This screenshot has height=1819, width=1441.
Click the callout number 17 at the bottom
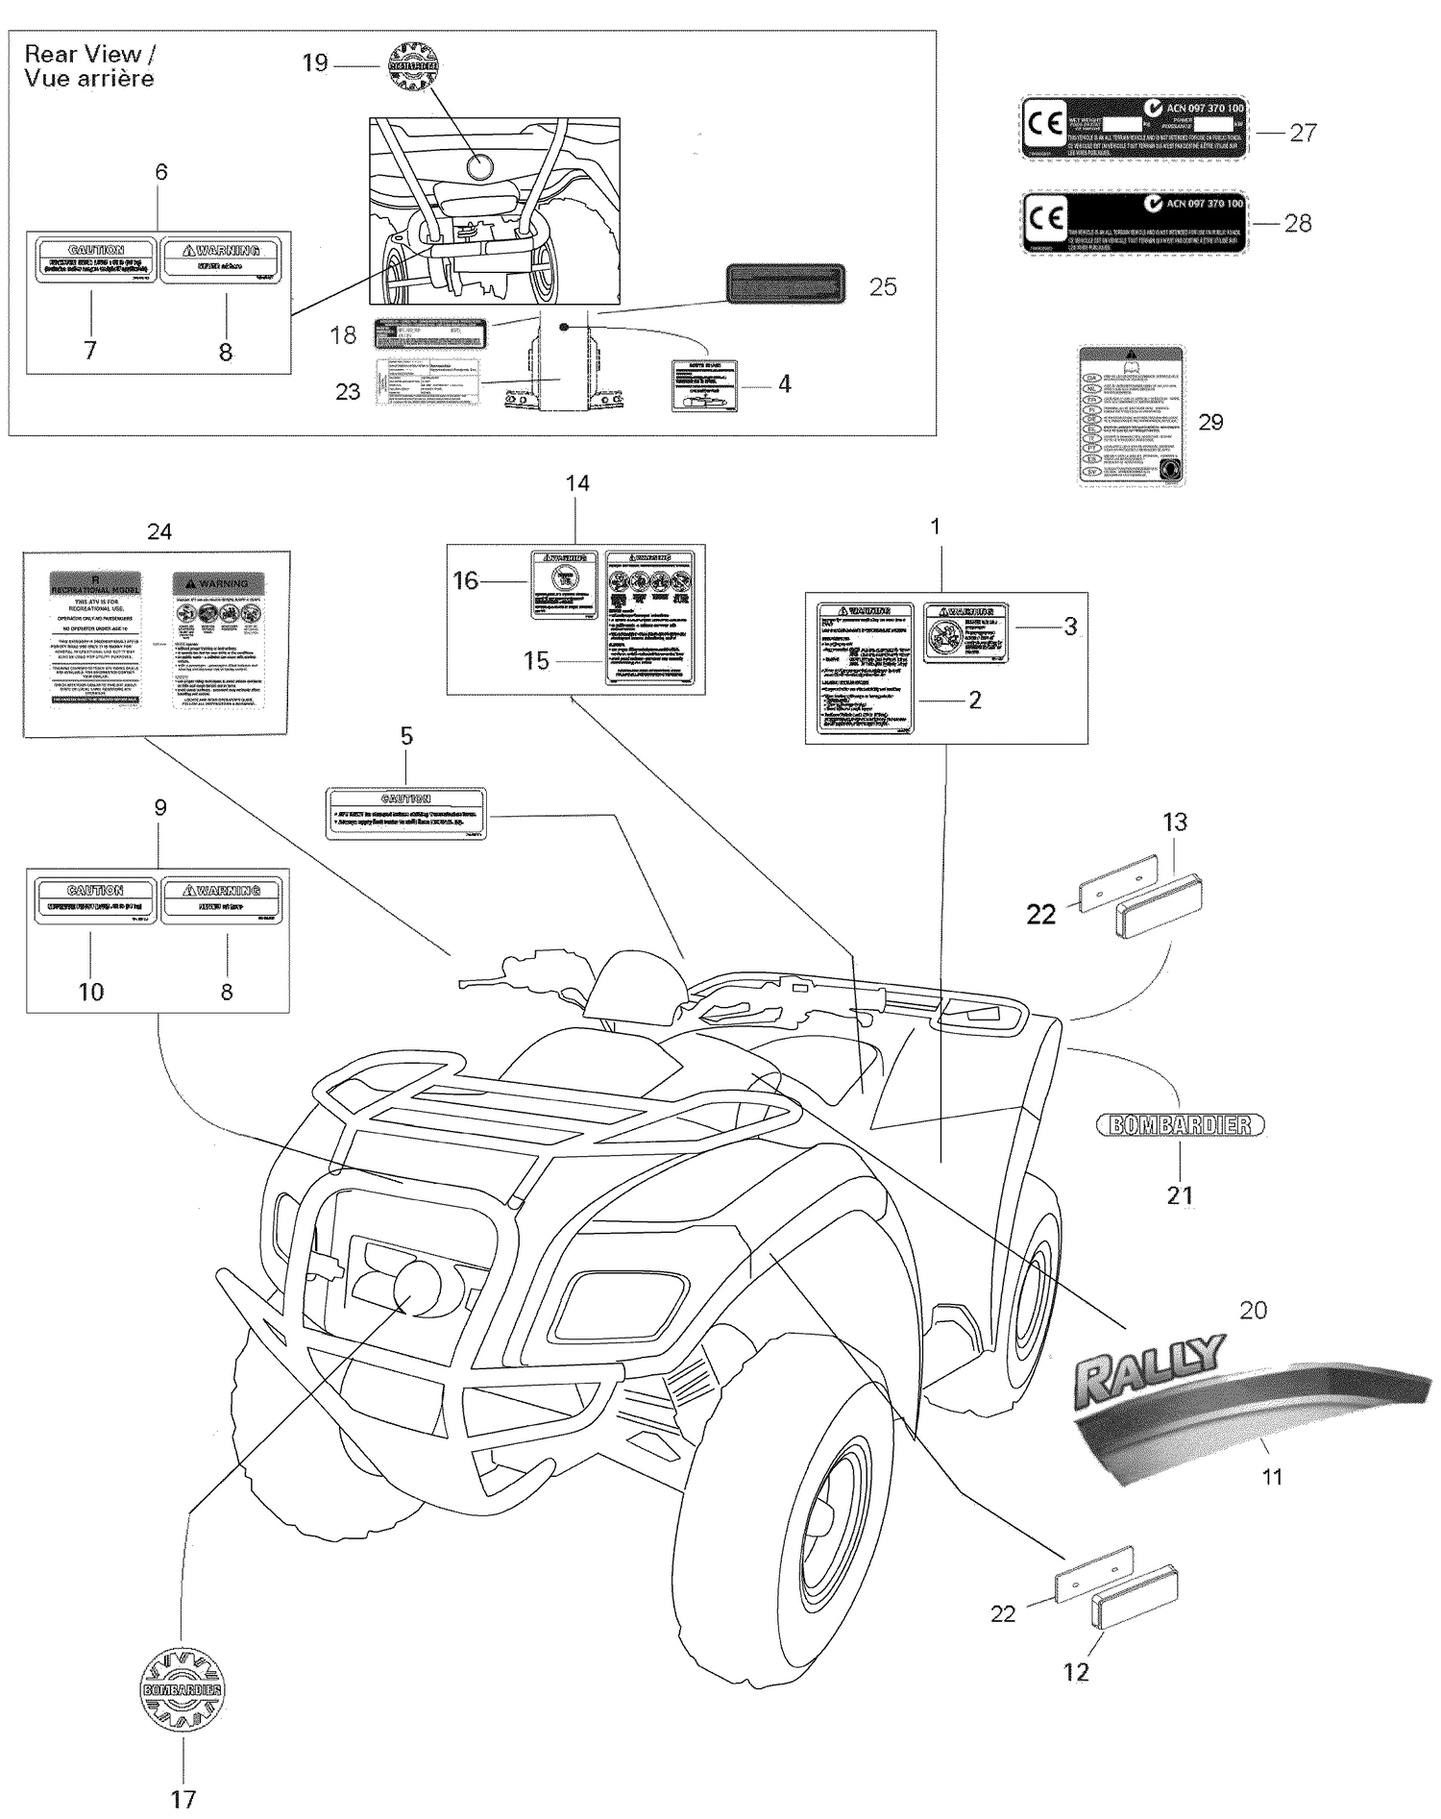coord(183,1799)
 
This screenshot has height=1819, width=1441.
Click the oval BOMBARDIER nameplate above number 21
coord(1181,1124)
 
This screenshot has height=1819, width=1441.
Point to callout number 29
coord(1210,422)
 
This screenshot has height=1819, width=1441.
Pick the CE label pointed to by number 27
coord(1133,128)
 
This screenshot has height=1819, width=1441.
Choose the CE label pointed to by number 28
coord(1133,221)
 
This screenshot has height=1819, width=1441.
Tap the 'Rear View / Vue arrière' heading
coord(89,66)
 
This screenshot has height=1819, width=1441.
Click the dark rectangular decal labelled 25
coord(784,285)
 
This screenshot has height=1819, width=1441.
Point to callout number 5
coord(406,736)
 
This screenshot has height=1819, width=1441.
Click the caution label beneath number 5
coord(405,813)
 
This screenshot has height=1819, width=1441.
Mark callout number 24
coord(159,531)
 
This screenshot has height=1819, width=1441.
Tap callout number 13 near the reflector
coord(1175,822)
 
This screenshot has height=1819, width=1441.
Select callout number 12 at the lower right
coord(1077,1672)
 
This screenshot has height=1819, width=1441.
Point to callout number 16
coord(466,580)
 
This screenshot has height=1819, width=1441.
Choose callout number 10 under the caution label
coord(91,992)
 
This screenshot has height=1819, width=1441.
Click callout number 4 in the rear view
coord(784,384)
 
